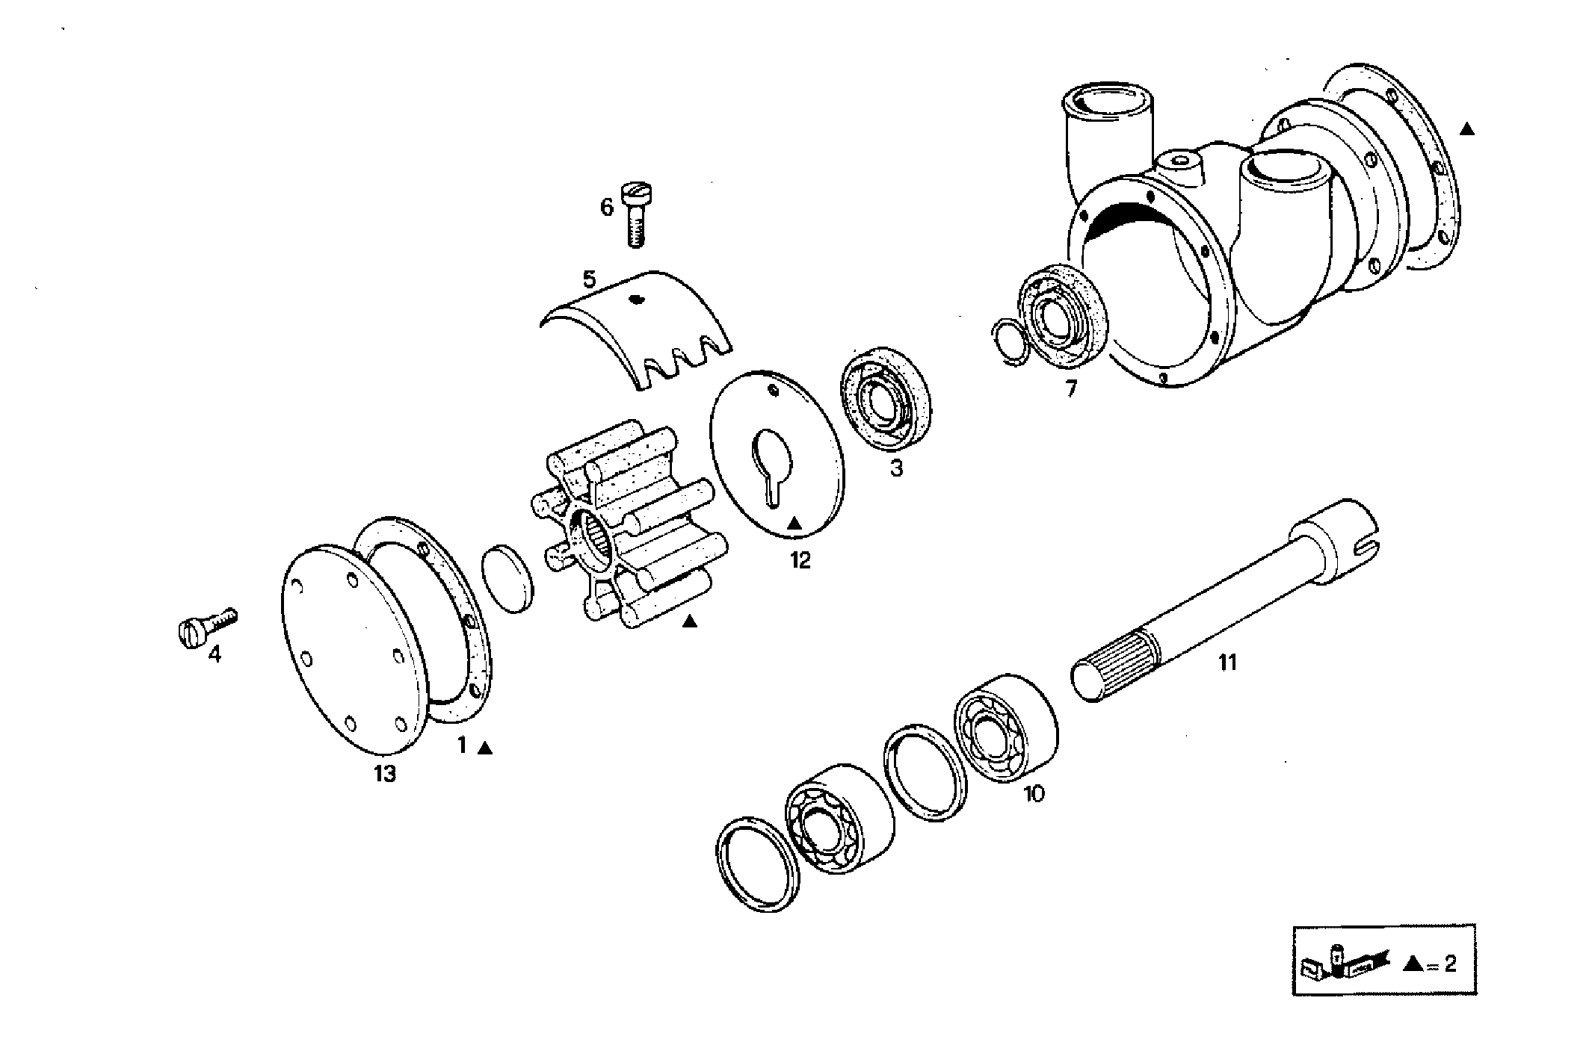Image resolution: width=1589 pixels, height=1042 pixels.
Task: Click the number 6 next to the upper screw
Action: (x=606, y=207)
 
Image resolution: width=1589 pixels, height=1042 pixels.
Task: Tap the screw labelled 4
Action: (x=206, y=626)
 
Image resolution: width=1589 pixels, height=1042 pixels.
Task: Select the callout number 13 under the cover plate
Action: (x=385, y=774)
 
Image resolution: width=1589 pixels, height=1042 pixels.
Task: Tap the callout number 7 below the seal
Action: (x=1071, y=388)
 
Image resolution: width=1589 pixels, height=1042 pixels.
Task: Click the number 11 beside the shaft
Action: (x=1228, y=662)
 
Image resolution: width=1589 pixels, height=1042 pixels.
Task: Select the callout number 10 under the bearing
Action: (x=1034, y=793)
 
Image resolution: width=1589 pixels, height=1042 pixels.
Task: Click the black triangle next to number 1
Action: (x=486, y=747)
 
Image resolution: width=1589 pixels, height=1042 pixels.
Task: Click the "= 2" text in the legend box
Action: (x=1441, y=964)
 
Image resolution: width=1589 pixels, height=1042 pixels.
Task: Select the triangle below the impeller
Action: (x=689, y=621)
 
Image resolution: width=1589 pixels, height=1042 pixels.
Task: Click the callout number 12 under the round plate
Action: (x=800, y=560)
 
